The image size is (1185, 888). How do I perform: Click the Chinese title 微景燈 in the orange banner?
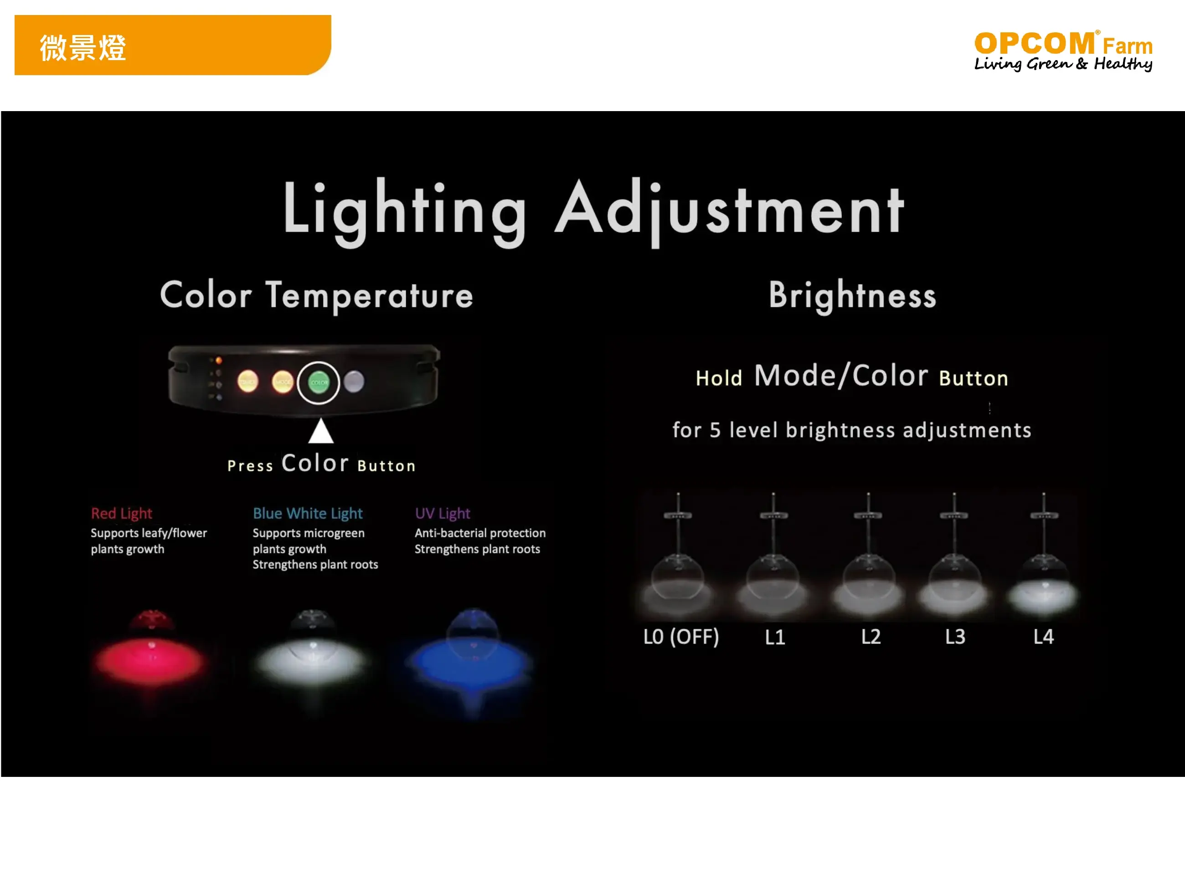coord(83,48)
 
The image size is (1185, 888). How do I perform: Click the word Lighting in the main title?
coord(405,212)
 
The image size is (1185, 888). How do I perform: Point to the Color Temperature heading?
coord(317,296)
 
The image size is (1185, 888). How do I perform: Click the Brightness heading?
coord(853,296)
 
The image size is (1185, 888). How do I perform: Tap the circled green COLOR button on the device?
coord(319,383)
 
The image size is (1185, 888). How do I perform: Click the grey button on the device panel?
coord(354,382)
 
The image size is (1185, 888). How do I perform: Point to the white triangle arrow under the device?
coord(321,431)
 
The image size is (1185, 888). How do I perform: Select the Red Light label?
coord(122,513)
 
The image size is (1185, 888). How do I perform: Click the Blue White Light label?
coord(308,513)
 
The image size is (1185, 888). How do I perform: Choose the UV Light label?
coord(443,513)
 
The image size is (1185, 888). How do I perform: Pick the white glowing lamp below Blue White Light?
coord(312,656)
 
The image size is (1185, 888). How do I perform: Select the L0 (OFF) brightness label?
coord(681,637)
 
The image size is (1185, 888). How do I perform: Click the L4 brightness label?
coord(1044,637)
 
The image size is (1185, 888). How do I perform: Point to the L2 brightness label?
coord(871,637)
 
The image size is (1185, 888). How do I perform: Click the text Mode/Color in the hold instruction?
coord(841,375)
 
